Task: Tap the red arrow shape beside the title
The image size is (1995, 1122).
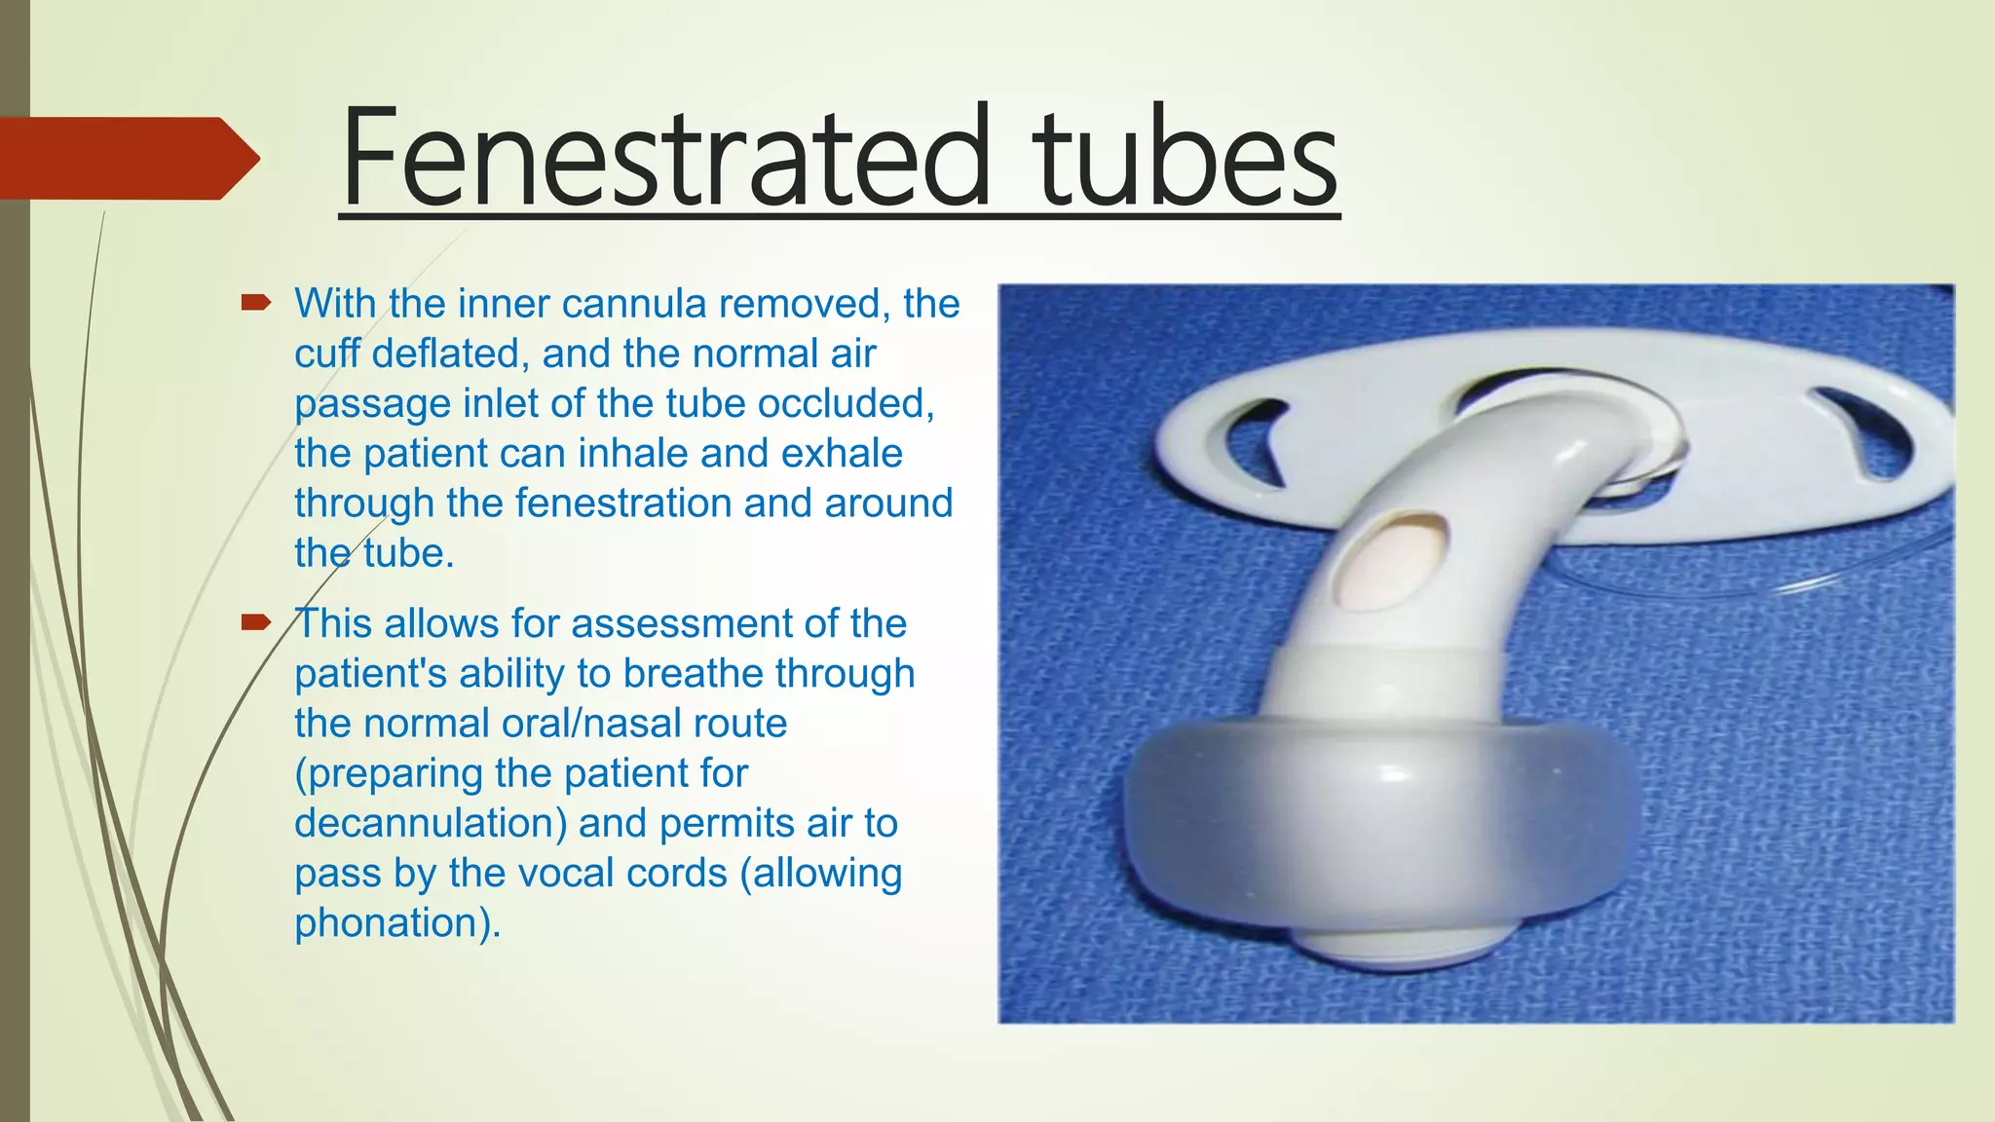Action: click(127, 158)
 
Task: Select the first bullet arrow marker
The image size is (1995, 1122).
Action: click(255, 303)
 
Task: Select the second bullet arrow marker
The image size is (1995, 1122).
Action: click(255, 622)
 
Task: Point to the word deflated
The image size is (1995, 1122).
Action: click(450, 354)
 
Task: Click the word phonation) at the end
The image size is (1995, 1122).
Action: click(397, 923)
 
